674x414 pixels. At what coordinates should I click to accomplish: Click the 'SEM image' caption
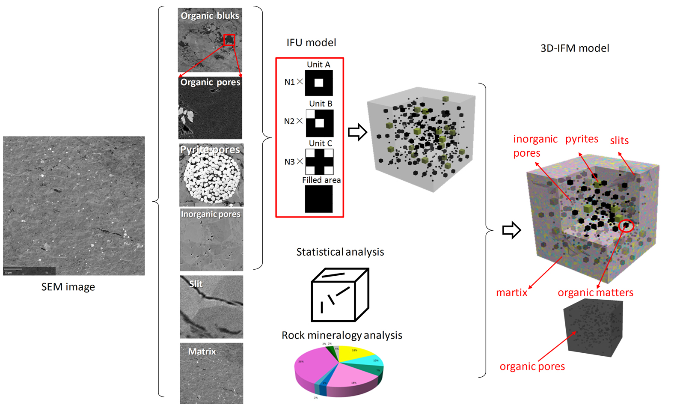click(68, 287)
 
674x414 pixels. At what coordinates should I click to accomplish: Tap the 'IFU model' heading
click(311, 42)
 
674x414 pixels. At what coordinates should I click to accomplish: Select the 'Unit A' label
click(318, 65)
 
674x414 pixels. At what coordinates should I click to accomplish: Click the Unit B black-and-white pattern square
click(319, 123)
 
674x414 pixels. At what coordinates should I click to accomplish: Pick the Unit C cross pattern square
click(319, 162)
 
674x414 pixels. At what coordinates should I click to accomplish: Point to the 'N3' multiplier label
click(289, 162)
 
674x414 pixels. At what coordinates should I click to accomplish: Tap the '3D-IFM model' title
click(574, 48)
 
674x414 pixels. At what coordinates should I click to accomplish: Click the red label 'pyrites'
click(582, 139)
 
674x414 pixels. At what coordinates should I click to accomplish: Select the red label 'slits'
click(619, 140)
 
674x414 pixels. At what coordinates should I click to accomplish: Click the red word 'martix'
click(512, 292)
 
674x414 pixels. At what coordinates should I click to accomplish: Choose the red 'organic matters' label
click(595, 292)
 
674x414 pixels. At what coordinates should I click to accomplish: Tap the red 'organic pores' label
click(532, 366)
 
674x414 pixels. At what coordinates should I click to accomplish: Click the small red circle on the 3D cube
click(626, 226)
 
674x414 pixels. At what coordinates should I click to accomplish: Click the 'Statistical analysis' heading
click(340, 252)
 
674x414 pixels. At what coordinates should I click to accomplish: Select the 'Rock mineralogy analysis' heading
click(341, 335)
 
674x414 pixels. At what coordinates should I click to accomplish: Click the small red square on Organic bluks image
click(229, 40)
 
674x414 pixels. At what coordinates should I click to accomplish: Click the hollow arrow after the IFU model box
click(357, 132)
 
